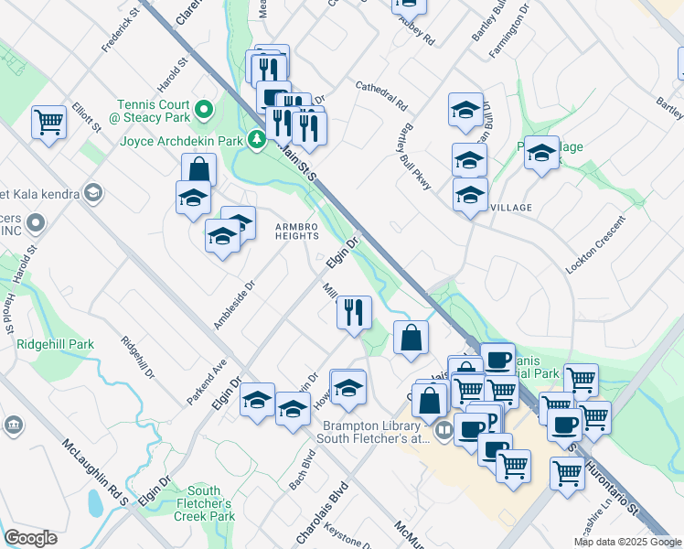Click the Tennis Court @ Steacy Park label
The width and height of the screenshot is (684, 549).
click(x=154, y=112)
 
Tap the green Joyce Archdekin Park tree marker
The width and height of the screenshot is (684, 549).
click(x=258, y=140)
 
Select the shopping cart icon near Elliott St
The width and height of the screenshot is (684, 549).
click(x=48, y=122)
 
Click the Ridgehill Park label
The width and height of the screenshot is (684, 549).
click(x=55, y=345)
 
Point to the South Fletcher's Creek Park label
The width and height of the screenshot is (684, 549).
click(x=204, y=504)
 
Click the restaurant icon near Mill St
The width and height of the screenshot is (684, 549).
click(x=353, y=312)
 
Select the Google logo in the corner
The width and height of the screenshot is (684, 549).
click(x=31, y=538)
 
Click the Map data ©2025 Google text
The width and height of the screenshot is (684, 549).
click(x=627, y=542)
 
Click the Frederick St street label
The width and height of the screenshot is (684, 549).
click(x=119, y=29)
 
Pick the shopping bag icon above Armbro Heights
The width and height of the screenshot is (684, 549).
click(x=198, y=170)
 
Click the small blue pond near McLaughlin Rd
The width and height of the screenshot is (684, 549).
click(x=95, y=502)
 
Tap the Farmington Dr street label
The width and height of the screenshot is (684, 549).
click(x=508, y=33)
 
